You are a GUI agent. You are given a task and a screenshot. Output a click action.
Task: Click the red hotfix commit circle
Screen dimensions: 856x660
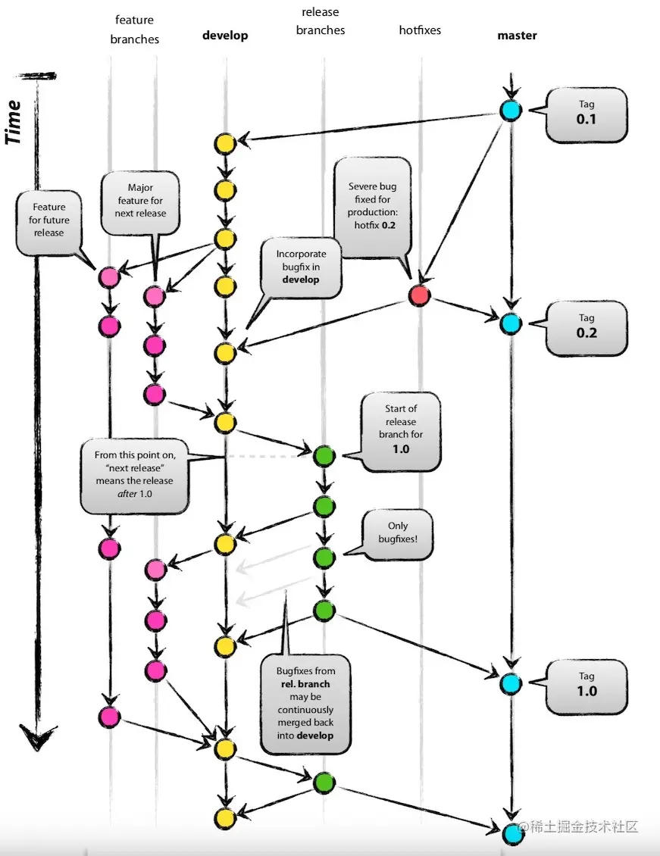click(420, 295)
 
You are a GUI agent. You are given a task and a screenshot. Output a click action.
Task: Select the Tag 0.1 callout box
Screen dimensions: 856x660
click(586, 114)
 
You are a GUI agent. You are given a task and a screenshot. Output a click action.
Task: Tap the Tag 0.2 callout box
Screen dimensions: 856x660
click(586, 328)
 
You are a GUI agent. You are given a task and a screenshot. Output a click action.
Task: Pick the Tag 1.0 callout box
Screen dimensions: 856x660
click(586, 686)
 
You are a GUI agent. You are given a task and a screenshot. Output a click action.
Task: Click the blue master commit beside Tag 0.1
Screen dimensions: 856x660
click(511, 111)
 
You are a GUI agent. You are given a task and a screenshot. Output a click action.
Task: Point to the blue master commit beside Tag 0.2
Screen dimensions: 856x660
click(511, 323)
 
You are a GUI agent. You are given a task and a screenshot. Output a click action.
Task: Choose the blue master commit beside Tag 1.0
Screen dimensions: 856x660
click(511, 683)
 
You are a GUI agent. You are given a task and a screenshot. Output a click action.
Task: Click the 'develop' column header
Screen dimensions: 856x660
click(225, 36)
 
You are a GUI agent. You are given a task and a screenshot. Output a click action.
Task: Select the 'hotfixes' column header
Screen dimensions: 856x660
click(420, 30)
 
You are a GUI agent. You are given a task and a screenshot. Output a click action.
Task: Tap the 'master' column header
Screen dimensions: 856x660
click(517, 36)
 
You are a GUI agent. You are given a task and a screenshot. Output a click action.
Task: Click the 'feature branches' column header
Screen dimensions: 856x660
click(134, 29)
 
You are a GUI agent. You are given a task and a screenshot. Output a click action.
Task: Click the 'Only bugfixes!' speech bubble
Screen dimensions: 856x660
click(397, 534)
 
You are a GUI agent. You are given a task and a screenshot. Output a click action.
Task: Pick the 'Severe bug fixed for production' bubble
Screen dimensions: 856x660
click(372, 206)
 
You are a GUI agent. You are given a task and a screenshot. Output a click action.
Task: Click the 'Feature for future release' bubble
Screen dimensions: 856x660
click(49, 220)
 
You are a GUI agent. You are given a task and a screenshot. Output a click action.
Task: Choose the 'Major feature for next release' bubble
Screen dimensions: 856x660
click(141, 200)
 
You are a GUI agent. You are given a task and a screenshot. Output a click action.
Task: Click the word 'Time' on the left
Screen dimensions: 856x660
click(14, 122)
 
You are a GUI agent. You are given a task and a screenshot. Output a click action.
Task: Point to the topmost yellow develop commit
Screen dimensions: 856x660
click(224, 143)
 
